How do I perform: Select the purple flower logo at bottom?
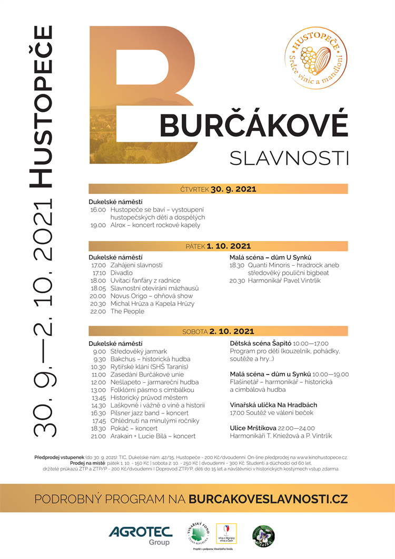(263, 535)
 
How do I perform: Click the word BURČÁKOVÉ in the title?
(253, 125)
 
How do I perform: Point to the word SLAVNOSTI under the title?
(290, 157)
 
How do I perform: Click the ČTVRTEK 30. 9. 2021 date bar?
(218, 189)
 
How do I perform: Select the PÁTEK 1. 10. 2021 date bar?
(218, 246)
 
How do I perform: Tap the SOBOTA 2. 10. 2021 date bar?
(218, 332)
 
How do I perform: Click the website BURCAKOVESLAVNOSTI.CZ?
(268, 498)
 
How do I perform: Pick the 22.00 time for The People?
(98, 311)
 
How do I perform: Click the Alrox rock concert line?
(155, 225)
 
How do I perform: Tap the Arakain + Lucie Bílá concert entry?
(153, 436)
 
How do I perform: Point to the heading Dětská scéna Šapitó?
(261, 343)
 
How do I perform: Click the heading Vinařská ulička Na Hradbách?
(273, 405)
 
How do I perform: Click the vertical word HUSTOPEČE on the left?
(41, 105)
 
